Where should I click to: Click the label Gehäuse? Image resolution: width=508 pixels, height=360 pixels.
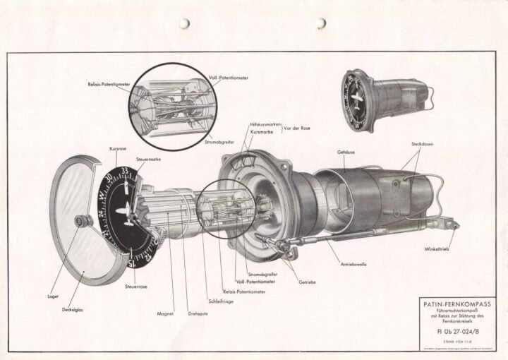pyautogui.click(x=345, y=152)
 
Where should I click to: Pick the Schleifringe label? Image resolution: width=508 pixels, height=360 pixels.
pyautogui.click(x=220, y=301)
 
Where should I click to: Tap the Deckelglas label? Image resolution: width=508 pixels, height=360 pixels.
pyautogui.click(x=74, y=308)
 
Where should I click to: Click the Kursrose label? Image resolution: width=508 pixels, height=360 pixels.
pyautogui.click(x=118, y=150)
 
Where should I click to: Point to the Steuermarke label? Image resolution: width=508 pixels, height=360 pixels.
pyautogui.click(x=149, y=160)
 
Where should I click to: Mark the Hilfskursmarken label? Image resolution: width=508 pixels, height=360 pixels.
pyautogui.click(x=265, y=124)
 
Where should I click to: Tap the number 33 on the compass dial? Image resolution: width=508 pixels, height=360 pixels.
pyautogui.click(x=125, y=170)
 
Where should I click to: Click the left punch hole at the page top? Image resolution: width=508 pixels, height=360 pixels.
pyautogui.click(x=184, y=23)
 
